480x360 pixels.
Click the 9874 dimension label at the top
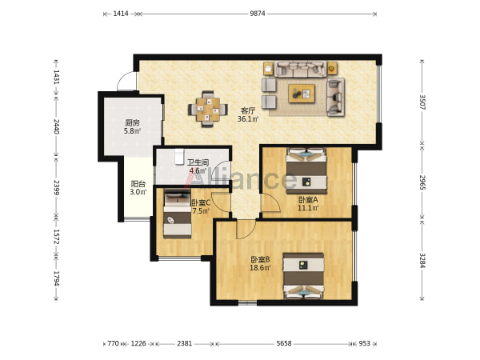257,14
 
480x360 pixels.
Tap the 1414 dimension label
121,14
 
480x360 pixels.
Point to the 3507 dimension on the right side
422,102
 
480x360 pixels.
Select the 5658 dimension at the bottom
284,343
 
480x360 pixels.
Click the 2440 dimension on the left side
56,126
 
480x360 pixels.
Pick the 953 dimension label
364,343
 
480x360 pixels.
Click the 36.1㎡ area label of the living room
248,118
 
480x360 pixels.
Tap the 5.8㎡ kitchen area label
132,131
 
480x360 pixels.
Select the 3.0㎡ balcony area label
138,192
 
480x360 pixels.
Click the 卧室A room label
308,200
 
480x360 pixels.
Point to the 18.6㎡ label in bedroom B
260,268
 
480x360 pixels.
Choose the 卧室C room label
201,202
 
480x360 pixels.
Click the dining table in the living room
208,110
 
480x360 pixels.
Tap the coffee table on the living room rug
302,94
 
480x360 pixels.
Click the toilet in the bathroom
178,156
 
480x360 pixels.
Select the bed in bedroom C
178,215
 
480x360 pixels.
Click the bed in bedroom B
303,275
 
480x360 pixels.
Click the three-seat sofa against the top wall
300,69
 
